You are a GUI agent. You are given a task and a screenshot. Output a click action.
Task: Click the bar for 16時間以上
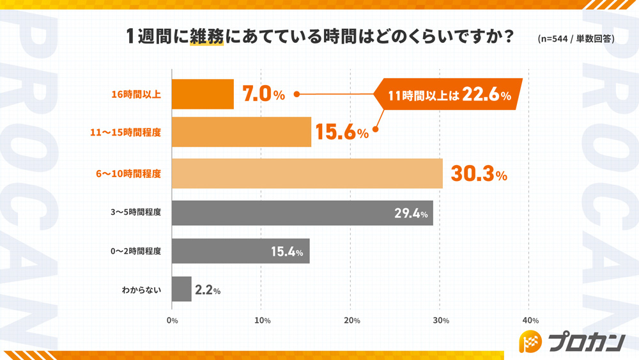click(203, 95)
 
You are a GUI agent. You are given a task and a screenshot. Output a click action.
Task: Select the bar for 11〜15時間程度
click(242, 132)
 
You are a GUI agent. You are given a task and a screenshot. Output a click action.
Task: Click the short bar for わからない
click(181, 289)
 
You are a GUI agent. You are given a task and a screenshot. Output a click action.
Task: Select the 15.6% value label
click(341, 133)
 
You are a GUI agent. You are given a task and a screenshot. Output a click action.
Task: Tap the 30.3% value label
click(479, 175)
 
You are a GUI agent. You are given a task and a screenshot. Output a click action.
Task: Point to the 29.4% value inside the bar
click(410, 214)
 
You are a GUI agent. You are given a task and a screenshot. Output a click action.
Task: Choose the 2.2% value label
click(208, 290)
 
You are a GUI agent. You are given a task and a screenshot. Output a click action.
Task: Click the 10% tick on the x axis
click(262, 320)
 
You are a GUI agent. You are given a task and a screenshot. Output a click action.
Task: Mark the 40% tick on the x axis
click(530, 320)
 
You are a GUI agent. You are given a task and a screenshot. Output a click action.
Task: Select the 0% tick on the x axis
click(172, 320)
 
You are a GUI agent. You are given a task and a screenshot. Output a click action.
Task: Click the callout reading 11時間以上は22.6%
click(450, 96)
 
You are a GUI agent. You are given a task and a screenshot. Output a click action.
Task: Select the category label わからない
click(142, 290)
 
